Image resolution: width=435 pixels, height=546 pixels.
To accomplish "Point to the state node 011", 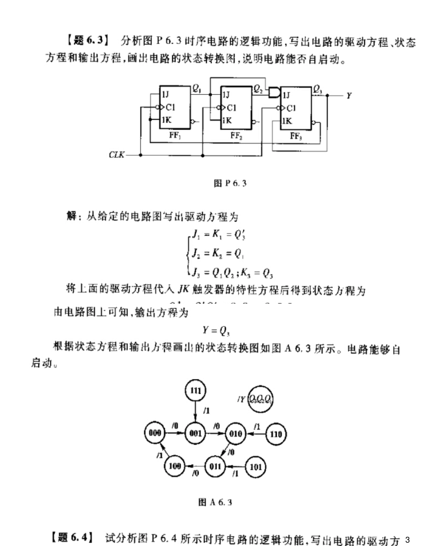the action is tap(215, 467).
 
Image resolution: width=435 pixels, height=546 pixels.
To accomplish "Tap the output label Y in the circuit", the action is tap(348, 96).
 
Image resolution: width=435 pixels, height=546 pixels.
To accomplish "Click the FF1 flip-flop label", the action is tap(175, 136).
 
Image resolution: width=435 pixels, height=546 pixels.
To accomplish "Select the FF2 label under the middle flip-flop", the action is tap(236, 136).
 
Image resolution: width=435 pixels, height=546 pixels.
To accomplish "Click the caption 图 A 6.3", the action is tap(215, 502).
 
